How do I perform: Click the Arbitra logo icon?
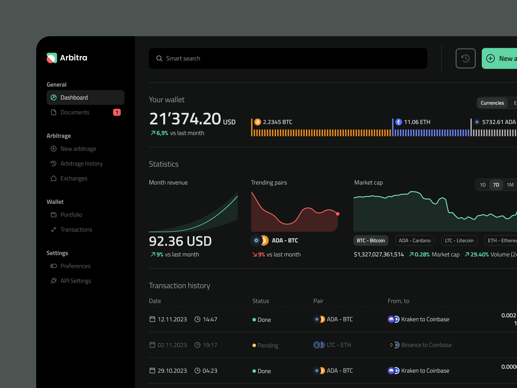[x=52, y=58]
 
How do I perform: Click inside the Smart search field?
[x=288, y=59]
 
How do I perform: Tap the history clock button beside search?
[x=465, y=59]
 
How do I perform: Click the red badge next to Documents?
[x=117, y=112]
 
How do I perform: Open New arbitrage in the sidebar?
[x=78, y=149]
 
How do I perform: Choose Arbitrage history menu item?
[x=81, y=164]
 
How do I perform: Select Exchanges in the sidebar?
[x=74, y=178]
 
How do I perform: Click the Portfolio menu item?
[x=71, y=215]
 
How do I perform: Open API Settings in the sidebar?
[x=76, y=281]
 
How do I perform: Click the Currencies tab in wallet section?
[x=492, y=103]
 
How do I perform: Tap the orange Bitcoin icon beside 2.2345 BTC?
[x=258, y=122]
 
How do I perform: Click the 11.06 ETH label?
[x=417, y=122]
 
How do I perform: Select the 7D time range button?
[x=496, y=185]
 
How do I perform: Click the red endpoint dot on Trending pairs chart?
[x=338, y=214]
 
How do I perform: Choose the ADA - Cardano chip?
[x=415, y=241]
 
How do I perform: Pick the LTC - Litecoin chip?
[x=459, y=241]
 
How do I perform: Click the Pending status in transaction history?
[x=268, y=345]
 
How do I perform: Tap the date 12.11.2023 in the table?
[x=172, y=319]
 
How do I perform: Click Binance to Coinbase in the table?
[x=426, y=345]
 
